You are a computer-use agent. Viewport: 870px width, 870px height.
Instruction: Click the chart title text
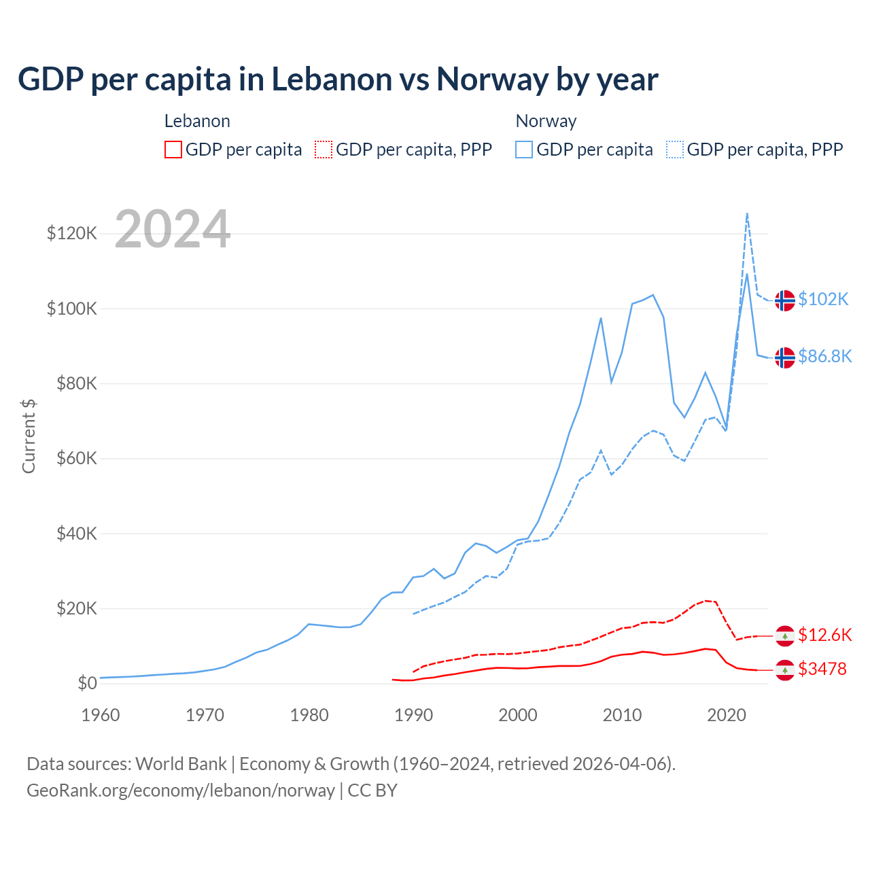[x=338, y=79]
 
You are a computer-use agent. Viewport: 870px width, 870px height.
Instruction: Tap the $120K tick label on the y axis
[x=72, y=233]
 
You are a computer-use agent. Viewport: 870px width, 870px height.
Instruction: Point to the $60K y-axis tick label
[x=76, y=458]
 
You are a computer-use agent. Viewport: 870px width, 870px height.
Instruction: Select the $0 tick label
[x=87, y=683]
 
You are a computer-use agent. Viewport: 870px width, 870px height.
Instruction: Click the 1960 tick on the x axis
[x=101, y=715]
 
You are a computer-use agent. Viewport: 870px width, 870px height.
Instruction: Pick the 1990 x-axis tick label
[x=413, y=715]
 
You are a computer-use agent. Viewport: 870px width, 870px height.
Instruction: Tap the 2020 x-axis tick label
[x=727, y=715]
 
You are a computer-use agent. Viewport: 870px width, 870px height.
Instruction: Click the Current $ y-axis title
[x=29, y=436]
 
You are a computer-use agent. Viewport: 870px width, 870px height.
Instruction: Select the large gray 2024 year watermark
[x=173, y=229]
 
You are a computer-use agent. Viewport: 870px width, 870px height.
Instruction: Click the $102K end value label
[x=823, y=299]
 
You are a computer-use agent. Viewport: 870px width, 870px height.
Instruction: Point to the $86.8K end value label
[x=824, y=356]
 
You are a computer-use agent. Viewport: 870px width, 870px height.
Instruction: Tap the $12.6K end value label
[x=824, y=635]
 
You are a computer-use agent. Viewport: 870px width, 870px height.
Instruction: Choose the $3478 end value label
[x=822, y=669]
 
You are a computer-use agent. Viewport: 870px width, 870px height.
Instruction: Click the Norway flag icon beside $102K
[x=785, y=300]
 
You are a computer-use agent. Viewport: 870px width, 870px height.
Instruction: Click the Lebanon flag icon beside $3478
[x=785, y=670]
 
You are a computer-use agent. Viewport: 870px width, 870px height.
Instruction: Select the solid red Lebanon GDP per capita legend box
[x=173, y=150]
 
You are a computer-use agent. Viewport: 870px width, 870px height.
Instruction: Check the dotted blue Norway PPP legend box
[x=675, y=150]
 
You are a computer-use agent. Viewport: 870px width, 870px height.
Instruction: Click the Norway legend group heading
[x=546, y=121]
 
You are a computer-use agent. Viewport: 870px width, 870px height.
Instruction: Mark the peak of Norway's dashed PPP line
[x=747, y=213]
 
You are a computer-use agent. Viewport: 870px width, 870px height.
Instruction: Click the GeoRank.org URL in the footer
[x=181, y=790]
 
